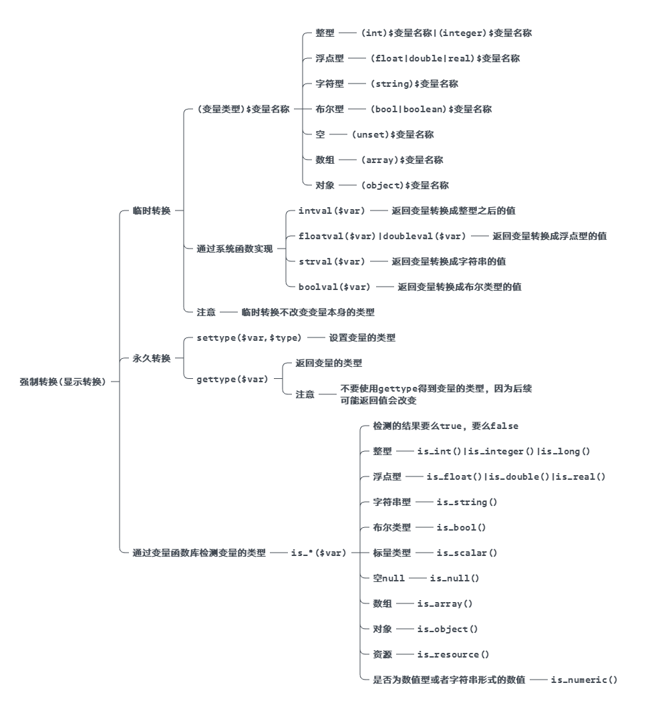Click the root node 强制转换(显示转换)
tap(63, 382)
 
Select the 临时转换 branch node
tap(152, 211)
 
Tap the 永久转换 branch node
tap(152, 358)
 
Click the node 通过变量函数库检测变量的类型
tap(199, 553)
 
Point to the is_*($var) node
tap(319, 553)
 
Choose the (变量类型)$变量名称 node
tap(243, 109)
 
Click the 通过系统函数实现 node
tap(234, 249)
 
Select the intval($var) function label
tap(332, 211)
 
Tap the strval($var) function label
tap(332, 261)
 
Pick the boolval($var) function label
tap(335, 287)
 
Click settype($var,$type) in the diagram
tap(249, 337)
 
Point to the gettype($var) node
tap(232, 379)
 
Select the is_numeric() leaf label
tap(584, 680)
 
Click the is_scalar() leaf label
tap(467, 553)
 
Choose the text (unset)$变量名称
tap(393, 134)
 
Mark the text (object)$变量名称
tap(405, 185)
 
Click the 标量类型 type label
tap(392, 553)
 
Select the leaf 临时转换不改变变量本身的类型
tap(308, 312)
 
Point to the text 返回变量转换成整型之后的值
tap(453, 211)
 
